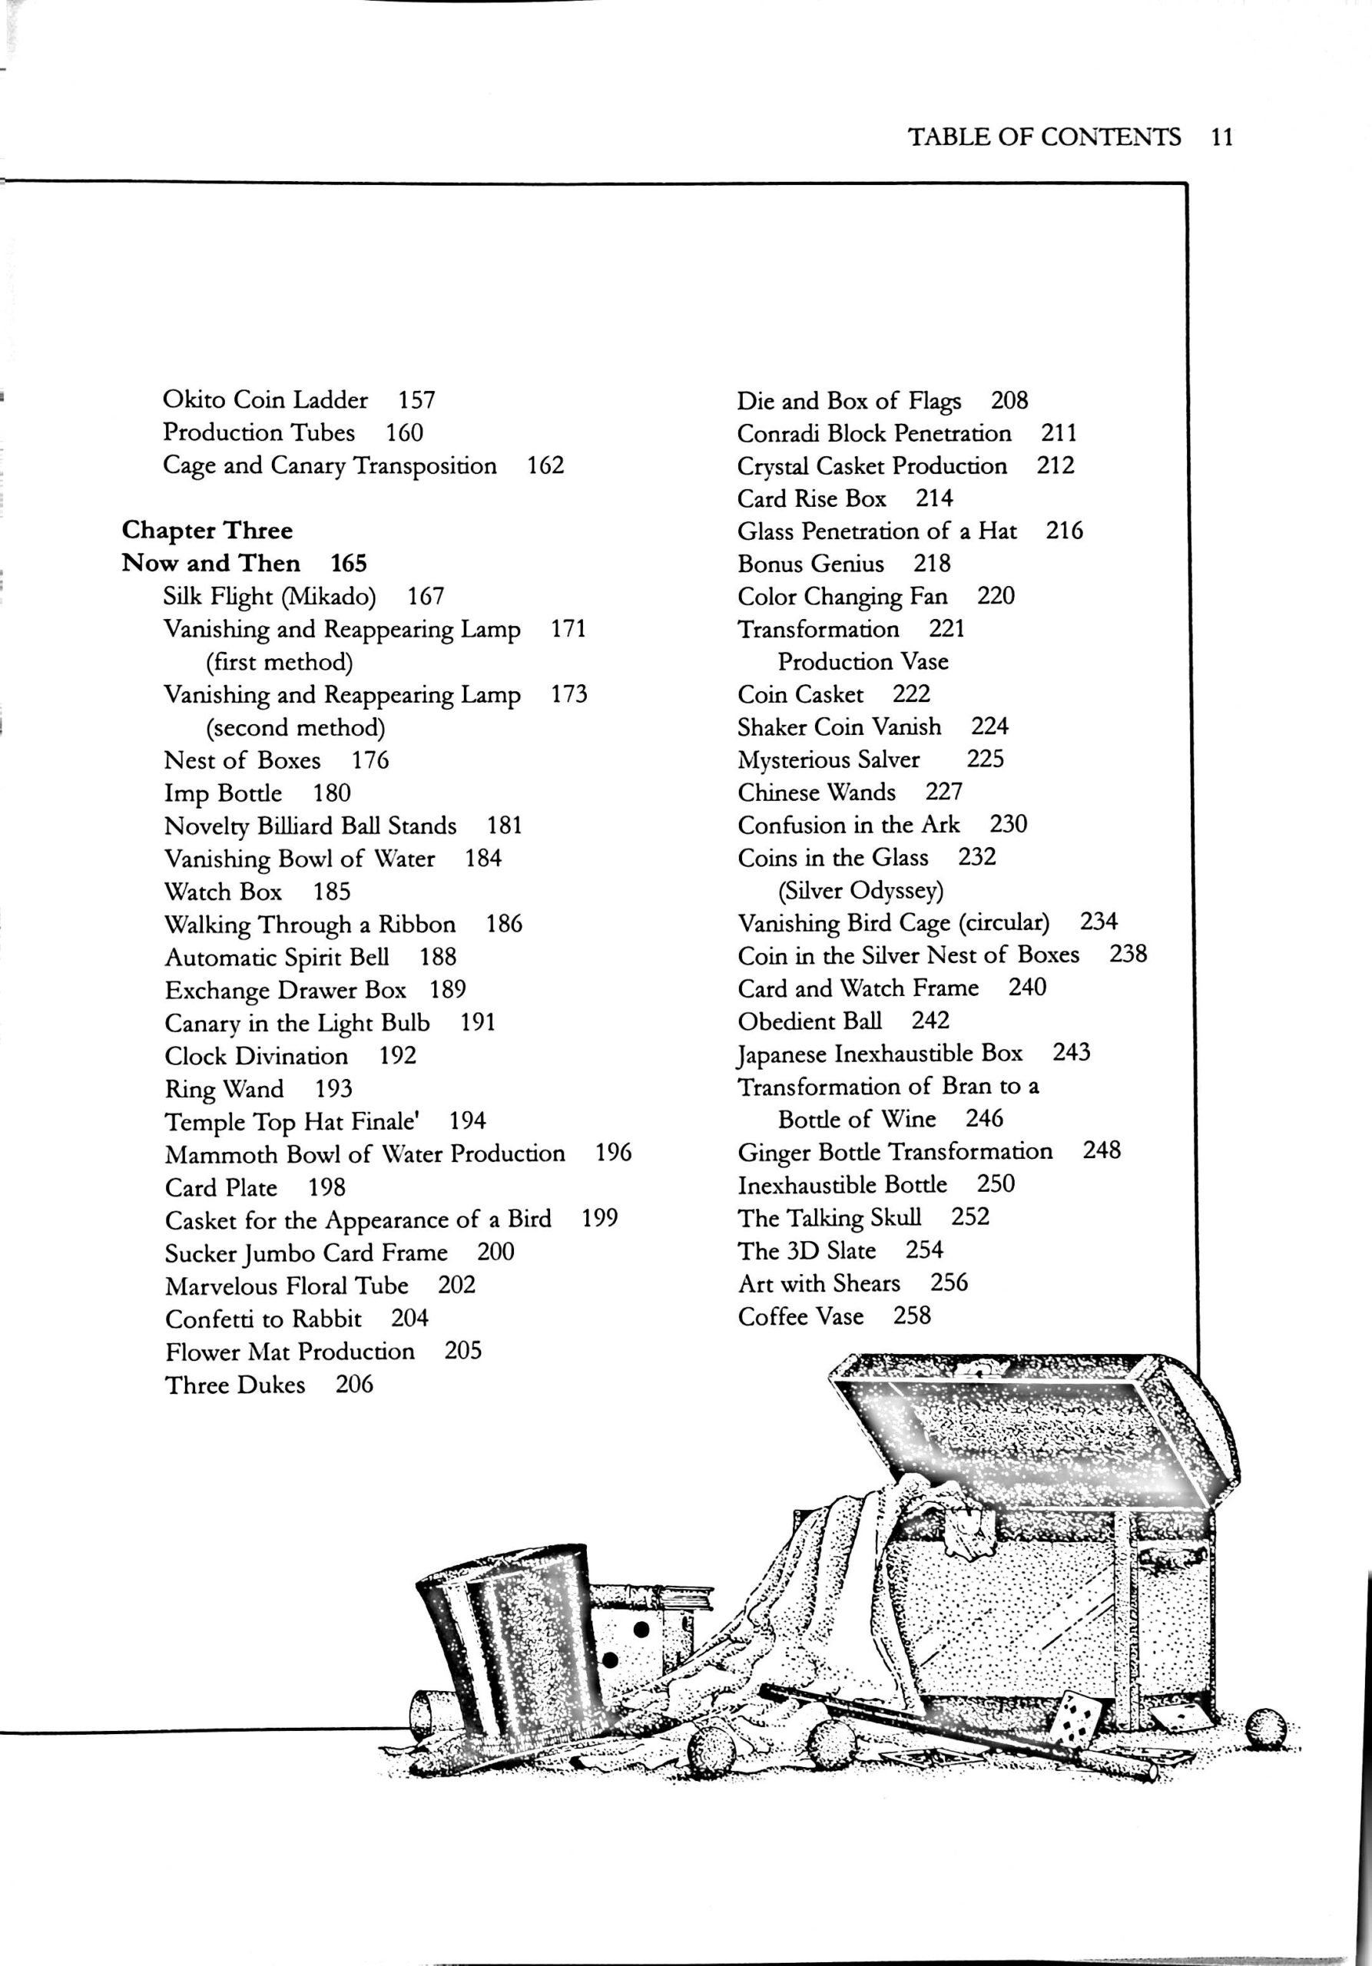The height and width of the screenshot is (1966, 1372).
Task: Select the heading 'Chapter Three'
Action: point(207,530)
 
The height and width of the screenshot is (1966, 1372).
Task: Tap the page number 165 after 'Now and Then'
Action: point(349,564)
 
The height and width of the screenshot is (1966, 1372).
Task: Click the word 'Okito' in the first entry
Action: point(194,400)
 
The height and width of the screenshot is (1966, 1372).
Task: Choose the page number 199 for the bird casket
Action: point(599,1218)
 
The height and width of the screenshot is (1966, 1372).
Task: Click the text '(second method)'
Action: point(296,728)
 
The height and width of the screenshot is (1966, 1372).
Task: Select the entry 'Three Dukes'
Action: point(236,1385)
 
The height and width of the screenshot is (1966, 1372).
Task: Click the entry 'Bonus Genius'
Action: point(811,564)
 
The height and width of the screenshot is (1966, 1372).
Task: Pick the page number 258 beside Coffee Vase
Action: point(912,1316)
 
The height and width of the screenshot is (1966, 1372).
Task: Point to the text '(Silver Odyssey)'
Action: point(860,891)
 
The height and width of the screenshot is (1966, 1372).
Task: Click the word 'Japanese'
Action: point(782,1054)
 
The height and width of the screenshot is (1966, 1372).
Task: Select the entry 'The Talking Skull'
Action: point(830,1218)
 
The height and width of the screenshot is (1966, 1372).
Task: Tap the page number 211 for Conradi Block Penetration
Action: point(1059,433)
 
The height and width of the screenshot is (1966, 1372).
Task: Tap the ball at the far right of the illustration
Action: point(1266,1727)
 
